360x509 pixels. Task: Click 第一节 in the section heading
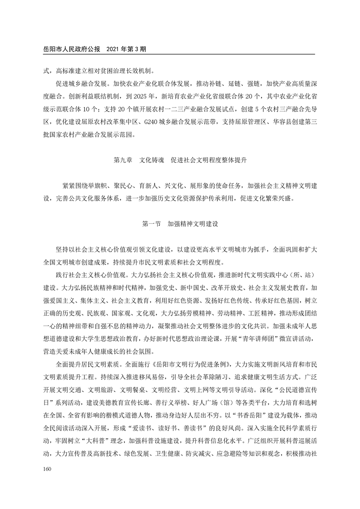coord(151,224)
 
